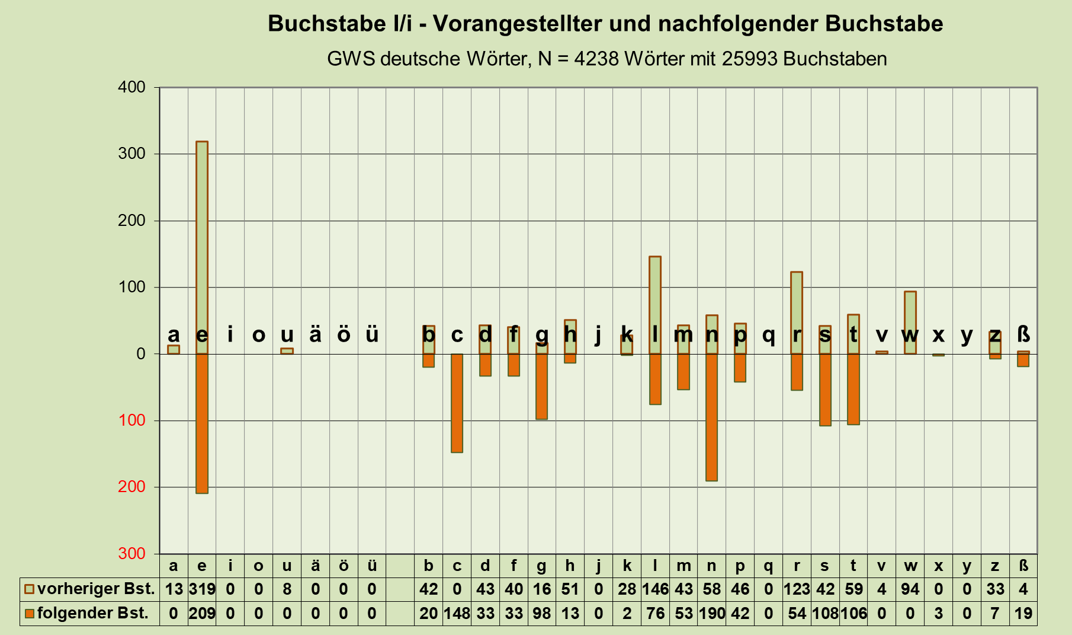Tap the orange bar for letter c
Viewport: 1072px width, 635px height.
coord(457,403)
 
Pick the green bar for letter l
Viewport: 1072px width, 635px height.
coord(655,305)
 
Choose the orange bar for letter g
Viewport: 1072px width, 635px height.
coord(541,386)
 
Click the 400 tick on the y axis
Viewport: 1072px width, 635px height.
coord(131,88)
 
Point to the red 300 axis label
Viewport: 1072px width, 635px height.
coord(131,554)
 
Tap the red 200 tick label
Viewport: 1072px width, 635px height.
coord(131,487)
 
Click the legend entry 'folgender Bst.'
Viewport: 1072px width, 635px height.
coord(86,613)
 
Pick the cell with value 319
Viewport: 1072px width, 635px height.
coord(202,589)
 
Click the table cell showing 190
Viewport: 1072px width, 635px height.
coord(711,613)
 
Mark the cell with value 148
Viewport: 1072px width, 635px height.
coord(457,613)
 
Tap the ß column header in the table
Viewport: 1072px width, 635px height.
coord(1023,566)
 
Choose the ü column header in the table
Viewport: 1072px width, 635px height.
coord(371,566)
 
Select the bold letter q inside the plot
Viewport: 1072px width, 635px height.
coord(768,335)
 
